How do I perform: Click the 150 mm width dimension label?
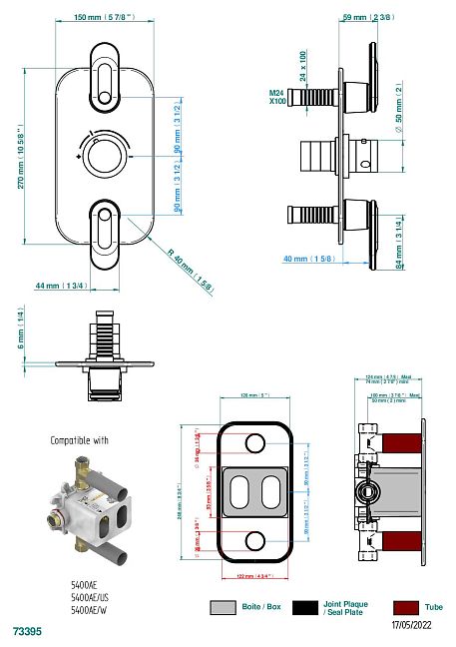click(99, 17)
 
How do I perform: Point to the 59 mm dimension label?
click(367, 17)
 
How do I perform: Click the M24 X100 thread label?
click(276, 97)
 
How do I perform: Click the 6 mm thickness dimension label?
click(18, 327)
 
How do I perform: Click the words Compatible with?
click(79, 439)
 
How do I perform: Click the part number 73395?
click(27, 631)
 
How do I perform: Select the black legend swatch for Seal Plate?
click(304, 606)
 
